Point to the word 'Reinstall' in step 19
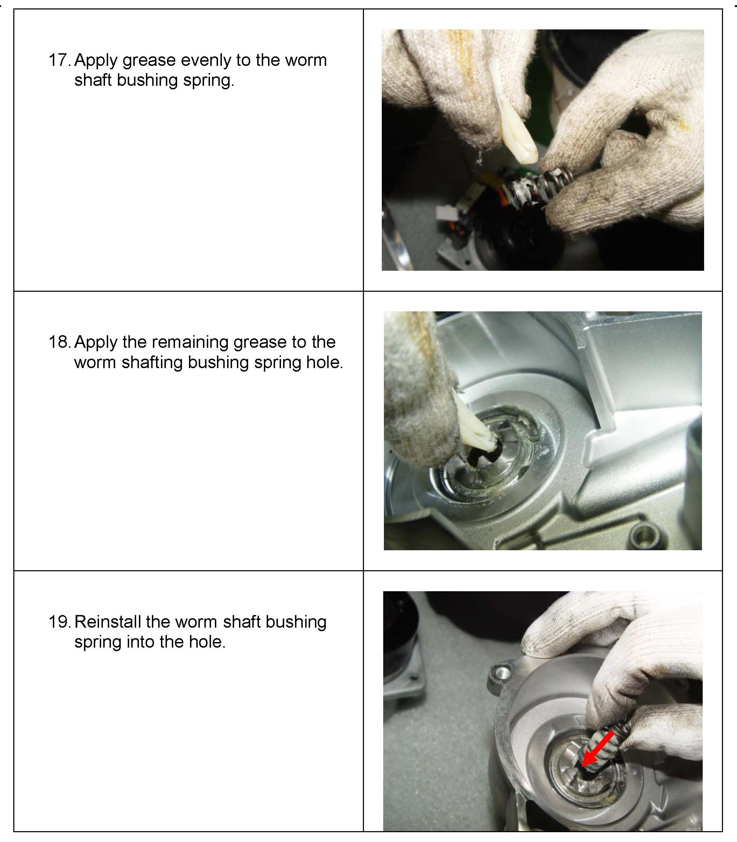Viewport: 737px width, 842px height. (x=108, y=622)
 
